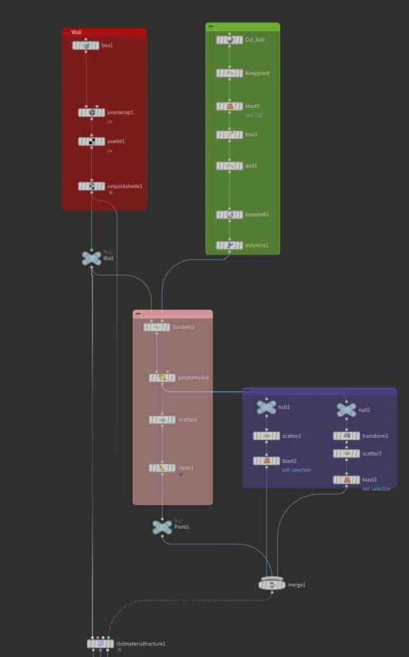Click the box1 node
(x=86, y=46)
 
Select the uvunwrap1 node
(x=91, y=113)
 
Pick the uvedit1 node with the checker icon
(x=91, y=142)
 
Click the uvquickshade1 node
(x=91, y=186)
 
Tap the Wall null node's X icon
(x=91, y=258)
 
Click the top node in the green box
(x=229, y=40)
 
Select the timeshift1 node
(x=229, y=214)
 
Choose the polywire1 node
(x=229, y=245)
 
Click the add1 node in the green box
(x=229, y=166)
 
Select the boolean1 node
(x=157, y=327)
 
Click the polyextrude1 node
(x=162, y=378)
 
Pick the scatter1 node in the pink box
(x=162, y=420)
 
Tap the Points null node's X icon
(x=162, y=527)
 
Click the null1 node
(x=266, y=407)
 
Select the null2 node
(x=346, y=409)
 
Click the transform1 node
(x=346, y=436)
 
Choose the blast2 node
(x=266, y=461)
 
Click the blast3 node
(x=346, y=479)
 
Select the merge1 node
(x=272, y=584)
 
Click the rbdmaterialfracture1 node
(x=100, y=644)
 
